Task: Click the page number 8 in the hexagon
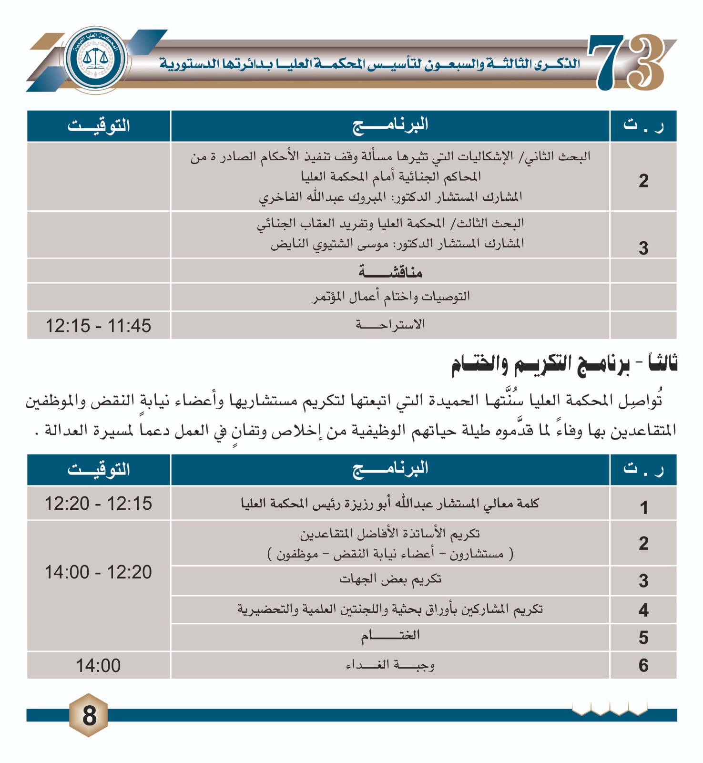[89, 715]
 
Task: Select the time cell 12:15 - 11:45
[98, 326]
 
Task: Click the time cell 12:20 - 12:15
[98, 503]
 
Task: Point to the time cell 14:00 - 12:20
[98, 572]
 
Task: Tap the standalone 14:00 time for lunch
[98, 665]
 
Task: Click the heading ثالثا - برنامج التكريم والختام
[564, 364]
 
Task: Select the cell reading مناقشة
[390, 272]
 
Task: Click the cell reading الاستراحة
[390, 325]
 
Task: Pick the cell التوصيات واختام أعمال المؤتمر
[391, 297]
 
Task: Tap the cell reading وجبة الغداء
[390, 665]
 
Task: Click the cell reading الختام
[390, 636]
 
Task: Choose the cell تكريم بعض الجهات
[390, 579]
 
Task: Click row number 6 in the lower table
[643, 665]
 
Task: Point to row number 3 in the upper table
[643, 248]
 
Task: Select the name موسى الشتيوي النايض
[329, 244]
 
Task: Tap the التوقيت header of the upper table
[99, 126]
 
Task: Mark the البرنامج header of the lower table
[390, 469]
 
